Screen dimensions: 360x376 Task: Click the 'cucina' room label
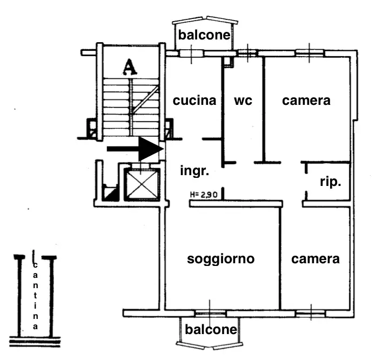194,101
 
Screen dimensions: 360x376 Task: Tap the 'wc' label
243,101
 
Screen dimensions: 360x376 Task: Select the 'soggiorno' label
220,259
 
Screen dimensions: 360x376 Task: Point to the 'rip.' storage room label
331,182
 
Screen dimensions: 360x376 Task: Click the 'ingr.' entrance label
194,171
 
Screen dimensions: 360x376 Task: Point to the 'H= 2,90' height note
204,195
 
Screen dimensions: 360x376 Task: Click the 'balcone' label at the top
205,36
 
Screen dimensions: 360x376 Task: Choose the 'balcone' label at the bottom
211,329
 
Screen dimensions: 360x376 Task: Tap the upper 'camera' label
306,101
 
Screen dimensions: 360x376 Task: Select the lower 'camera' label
315,259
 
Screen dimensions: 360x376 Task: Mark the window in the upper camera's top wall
310,53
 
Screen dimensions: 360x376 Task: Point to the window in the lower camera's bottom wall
311,313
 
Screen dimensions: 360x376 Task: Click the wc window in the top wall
247,53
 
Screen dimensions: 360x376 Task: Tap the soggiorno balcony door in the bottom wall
211,313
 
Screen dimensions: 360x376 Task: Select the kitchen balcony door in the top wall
191,53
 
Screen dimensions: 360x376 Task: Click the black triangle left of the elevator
111,193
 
